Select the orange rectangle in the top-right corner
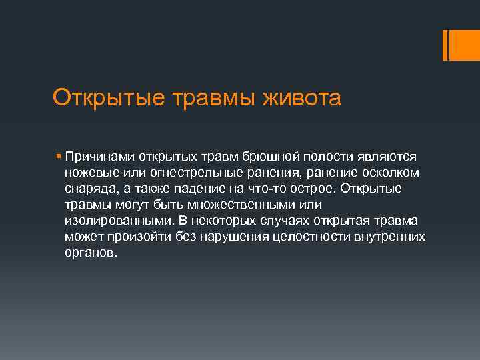tap(460, 45)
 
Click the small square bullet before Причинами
tap(59, 157)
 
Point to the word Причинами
tap(100, 157)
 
